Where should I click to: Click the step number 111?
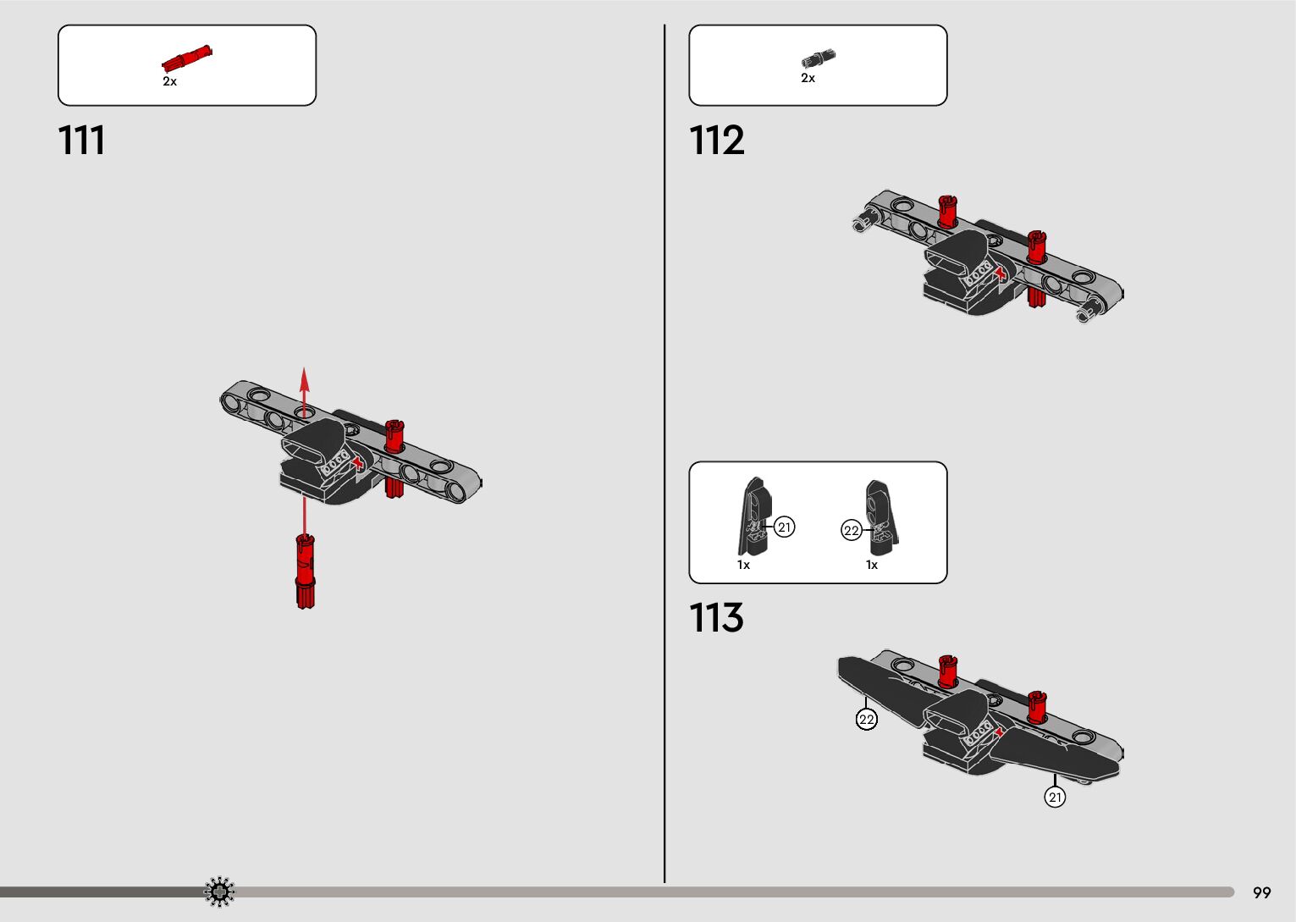[x=82, y=141]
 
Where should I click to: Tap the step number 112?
[x=716, y=141]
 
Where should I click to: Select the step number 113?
[x=716, y=618]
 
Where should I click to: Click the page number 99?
[x=1261, y=892]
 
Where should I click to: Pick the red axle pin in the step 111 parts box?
[x=187, y=58]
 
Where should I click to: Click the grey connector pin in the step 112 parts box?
[x=818, y=58]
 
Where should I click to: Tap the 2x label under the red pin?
[x=170, y=81]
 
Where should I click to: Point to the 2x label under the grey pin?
[x=808, y=78]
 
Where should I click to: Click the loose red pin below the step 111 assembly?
[x=306, y=571]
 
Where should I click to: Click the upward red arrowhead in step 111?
[x=305, y=377]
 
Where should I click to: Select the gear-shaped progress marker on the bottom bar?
[x=219, y=892]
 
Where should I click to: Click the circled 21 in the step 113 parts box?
[x=785, y=527]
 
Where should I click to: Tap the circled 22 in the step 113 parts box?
[x=851, y=531]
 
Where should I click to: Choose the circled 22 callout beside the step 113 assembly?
[x=866, y=720]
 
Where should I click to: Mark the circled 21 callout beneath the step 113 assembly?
[x=1055, y=798]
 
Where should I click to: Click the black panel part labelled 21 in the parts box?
[x=754, y=516]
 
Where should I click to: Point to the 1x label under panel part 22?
[x=871, y=565]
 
